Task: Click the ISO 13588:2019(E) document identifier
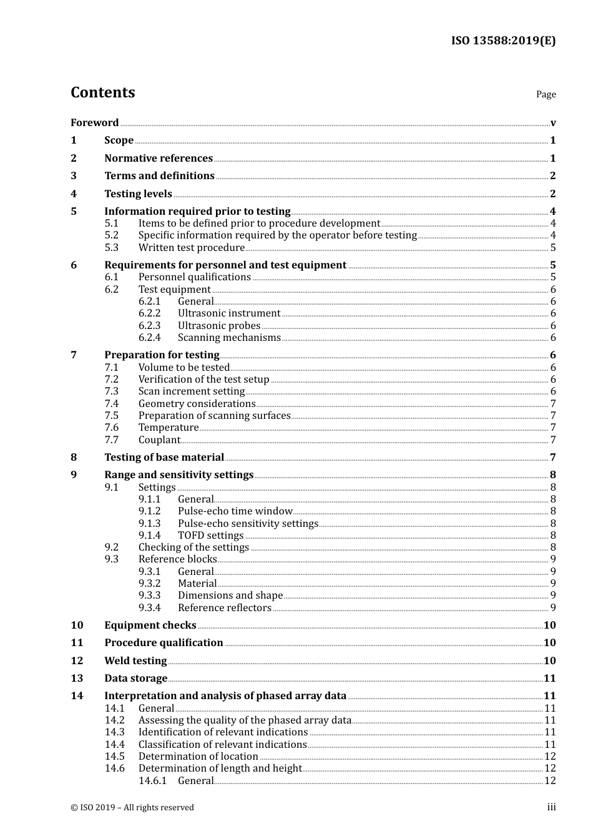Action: click(503, 41)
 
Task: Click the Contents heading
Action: click(102, 92)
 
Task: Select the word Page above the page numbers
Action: click(546, 94)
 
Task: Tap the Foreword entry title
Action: click(94, 122)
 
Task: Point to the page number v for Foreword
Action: click(553, 123)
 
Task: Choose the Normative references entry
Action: click(159, 158)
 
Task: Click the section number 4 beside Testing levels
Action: click(74, 194)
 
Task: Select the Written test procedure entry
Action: click(191, 247)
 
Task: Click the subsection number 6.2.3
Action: click(149, 325)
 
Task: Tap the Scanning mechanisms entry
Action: click(229, 337)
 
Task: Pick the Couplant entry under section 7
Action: click(159, 439)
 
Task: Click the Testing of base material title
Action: click(164, 457)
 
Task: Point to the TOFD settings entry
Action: click(210, 535)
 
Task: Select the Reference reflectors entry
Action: click(224, 607)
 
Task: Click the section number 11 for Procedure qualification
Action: click(77, 642)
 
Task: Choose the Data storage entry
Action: click(135, 678)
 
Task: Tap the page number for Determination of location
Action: click(550, 756)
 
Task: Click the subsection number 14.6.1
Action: click(152, 780)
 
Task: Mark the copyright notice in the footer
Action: click(132, 807)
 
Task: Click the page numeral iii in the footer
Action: click(551, 807)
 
